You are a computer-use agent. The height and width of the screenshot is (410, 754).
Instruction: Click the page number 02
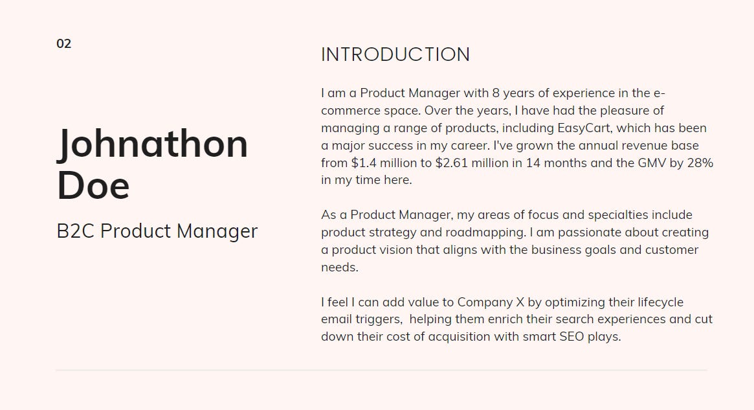[63, 44]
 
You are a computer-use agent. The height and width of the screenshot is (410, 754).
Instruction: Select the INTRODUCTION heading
[395, 54]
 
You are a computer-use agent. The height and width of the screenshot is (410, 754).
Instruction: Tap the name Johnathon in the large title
[153, 144]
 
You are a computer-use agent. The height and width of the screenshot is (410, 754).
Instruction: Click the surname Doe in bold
[93, 185]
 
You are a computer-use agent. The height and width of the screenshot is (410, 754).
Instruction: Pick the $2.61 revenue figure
[453, 163]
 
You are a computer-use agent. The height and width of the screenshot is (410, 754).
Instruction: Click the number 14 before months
[533, 163]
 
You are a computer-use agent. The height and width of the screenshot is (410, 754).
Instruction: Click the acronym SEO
[572, 337]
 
